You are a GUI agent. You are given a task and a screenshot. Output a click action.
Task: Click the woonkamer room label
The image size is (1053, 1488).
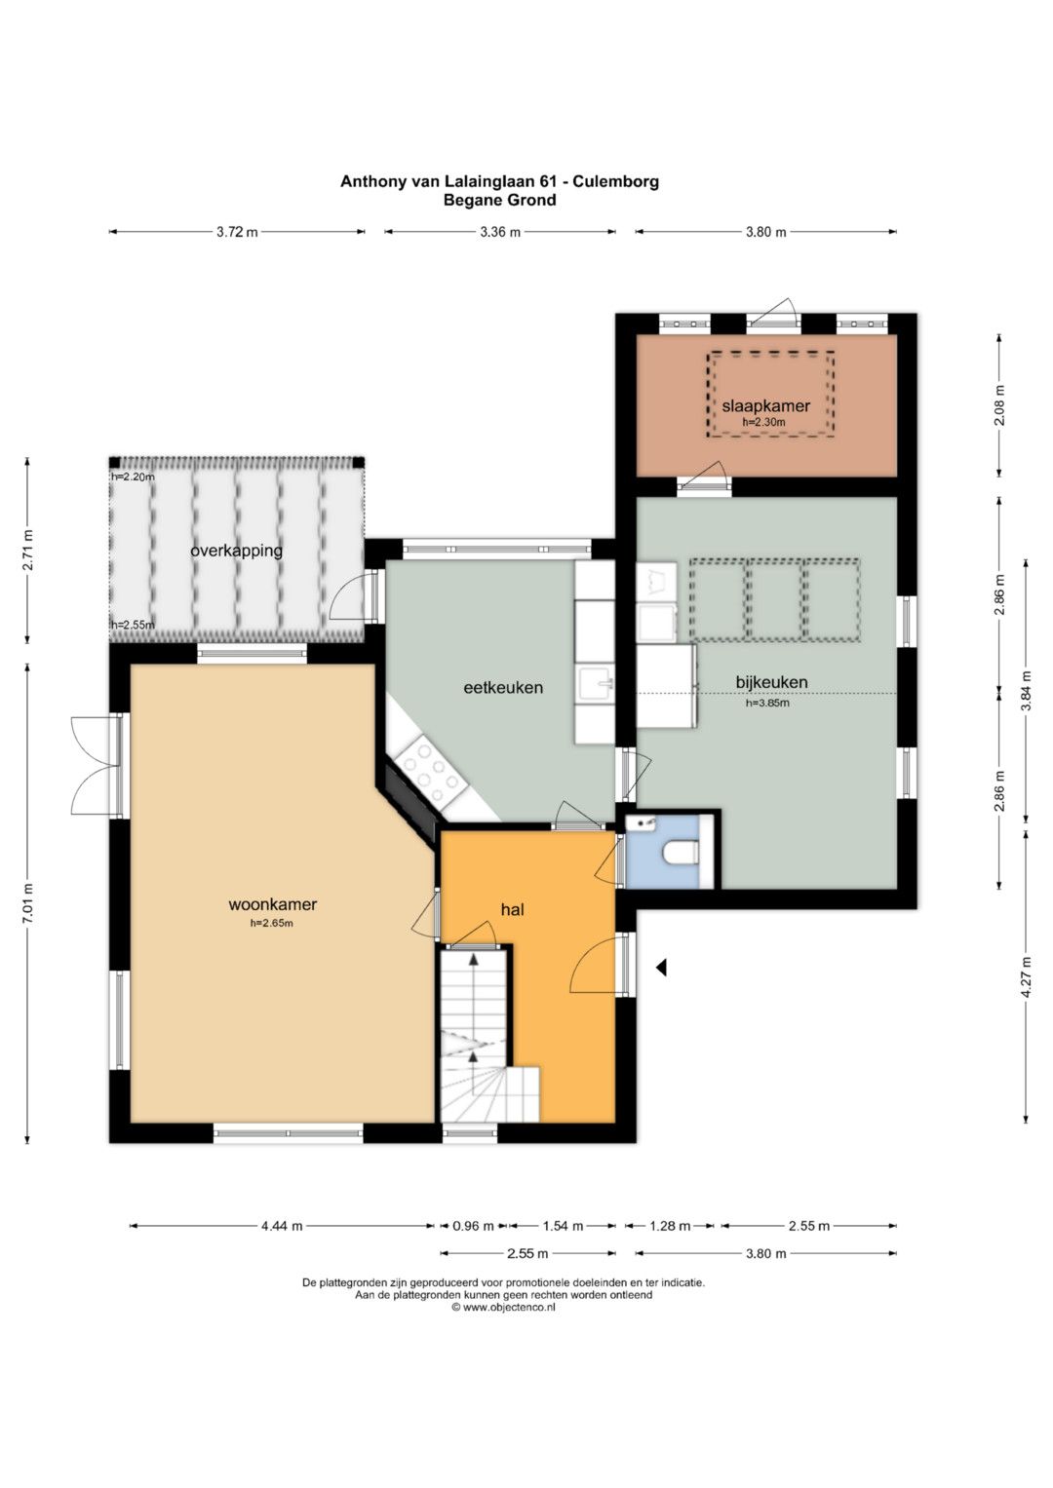click(273, 904)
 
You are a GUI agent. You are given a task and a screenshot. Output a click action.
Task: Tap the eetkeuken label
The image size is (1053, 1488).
click(502, 688)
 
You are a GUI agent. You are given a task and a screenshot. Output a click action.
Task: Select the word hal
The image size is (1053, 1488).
click(513, 909)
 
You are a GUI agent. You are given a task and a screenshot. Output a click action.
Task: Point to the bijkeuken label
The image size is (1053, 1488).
click(771, 681)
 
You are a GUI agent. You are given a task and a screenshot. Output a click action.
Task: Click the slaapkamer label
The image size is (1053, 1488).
click(765, 406)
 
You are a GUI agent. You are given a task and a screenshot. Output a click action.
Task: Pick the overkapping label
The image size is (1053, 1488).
click(236, 551)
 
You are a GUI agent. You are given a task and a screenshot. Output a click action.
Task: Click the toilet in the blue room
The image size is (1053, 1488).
click(681, 853)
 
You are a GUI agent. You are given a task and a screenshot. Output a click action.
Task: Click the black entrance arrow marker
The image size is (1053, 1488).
click(661, 968)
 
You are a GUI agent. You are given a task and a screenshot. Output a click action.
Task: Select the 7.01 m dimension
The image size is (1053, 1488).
click(27, 903)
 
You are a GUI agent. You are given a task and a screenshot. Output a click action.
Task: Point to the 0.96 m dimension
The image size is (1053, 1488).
click(473, 1226)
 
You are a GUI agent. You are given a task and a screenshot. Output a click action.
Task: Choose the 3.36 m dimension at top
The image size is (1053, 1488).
click(500, 232)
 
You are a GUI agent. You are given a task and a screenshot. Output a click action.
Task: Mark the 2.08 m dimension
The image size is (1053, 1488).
click(999, 405)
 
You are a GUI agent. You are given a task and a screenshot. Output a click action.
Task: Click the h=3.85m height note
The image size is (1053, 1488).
click(768, 703)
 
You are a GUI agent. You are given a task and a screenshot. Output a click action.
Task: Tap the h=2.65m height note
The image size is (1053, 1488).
click(272, 923)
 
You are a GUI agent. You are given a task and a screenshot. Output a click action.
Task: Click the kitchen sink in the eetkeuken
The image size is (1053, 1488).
click(596, 685)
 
